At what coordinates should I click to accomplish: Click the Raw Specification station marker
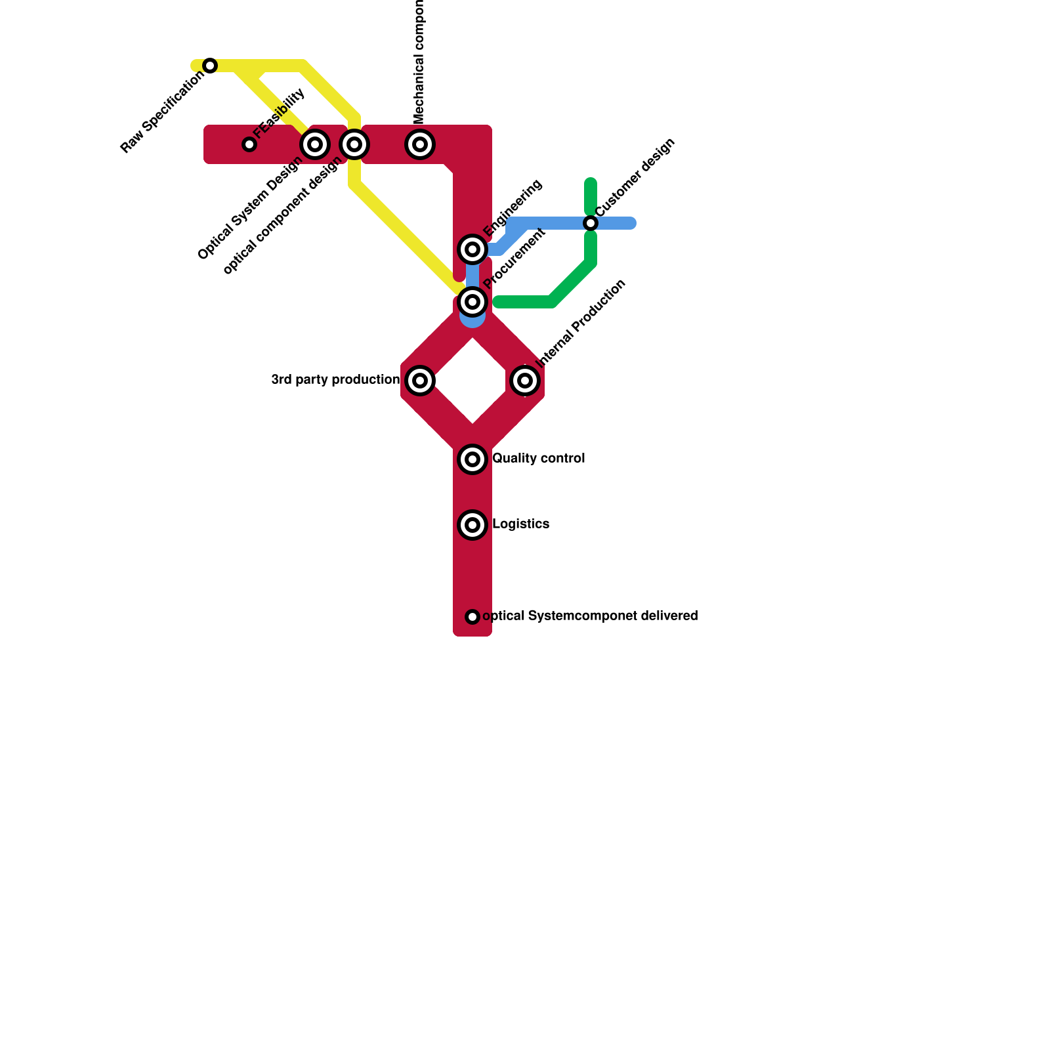point(210,66)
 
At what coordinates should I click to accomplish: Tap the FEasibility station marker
point(249,144)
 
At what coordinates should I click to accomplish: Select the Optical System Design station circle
point(315,144)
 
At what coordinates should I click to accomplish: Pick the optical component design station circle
point(354,144)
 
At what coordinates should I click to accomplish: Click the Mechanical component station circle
point(420,144)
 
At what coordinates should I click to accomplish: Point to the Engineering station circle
point(472,249)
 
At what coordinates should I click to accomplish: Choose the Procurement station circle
point(472,302)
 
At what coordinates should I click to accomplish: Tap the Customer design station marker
point(591,223)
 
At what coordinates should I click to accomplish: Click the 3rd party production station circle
point(420,381)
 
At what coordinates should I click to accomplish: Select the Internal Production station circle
point(525,381)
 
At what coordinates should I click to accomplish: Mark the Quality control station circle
point(472,459)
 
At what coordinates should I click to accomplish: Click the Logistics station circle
point(472,525)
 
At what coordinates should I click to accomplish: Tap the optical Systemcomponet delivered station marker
point(472,617)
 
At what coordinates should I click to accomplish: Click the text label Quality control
point(538,459)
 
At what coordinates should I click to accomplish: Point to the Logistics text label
point(520,524)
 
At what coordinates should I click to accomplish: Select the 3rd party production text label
point(335,380)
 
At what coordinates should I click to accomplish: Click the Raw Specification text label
point(162,112)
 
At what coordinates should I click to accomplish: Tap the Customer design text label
point(635,177)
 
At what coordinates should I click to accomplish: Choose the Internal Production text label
point(581,323)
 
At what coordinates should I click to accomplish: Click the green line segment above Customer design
point(591,196)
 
